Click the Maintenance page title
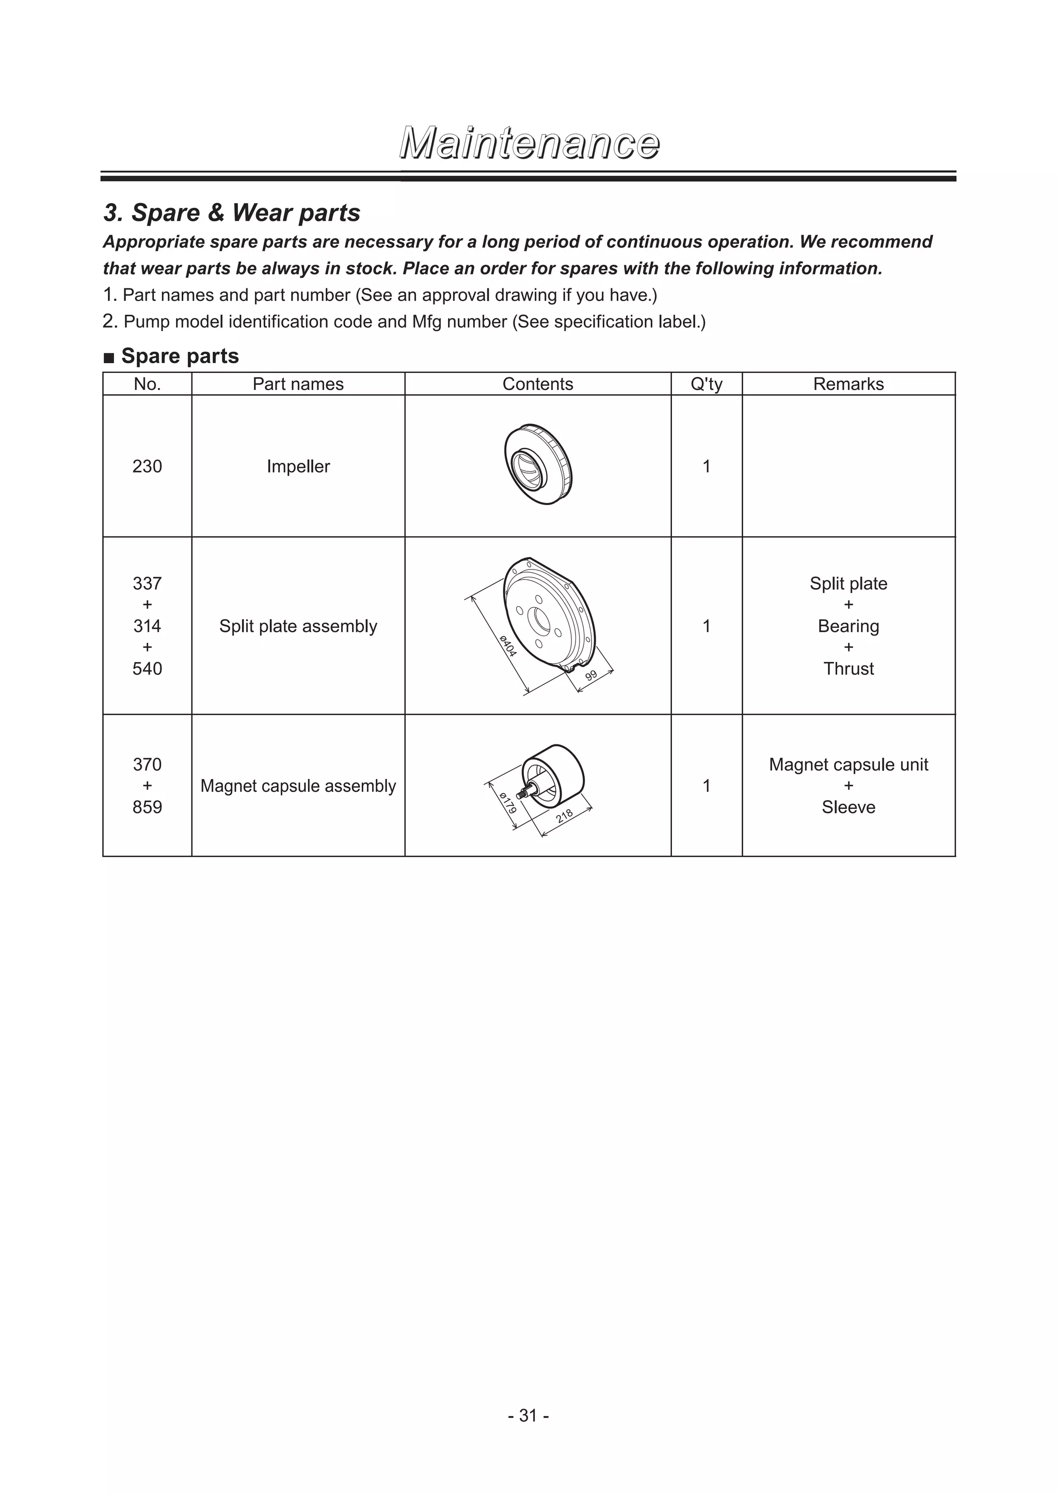[x=528, y=144]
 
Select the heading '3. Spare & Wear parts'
[x=232, y=213]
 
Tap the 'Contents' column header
[x=538, y=384]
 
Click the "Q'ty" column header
[x=706, y=384]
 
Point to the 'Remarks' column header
[x=848, y=384]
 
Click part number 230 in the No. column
[x=147, y=466]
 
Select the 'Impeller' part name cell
[x=298, y=466]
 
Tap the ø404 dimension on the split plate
[x=508, y=645]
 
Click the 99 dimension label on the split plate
[x=591, y=675]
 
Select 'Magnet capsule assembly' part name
[x=298, y=786]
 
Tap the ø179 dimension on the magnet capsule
[x=508, y=802]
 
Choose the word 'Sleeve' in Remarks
[x=848, y=807]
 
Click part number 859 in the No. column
[x=147, y=807]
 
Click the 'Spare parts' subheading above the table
[x=180, y=356]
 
